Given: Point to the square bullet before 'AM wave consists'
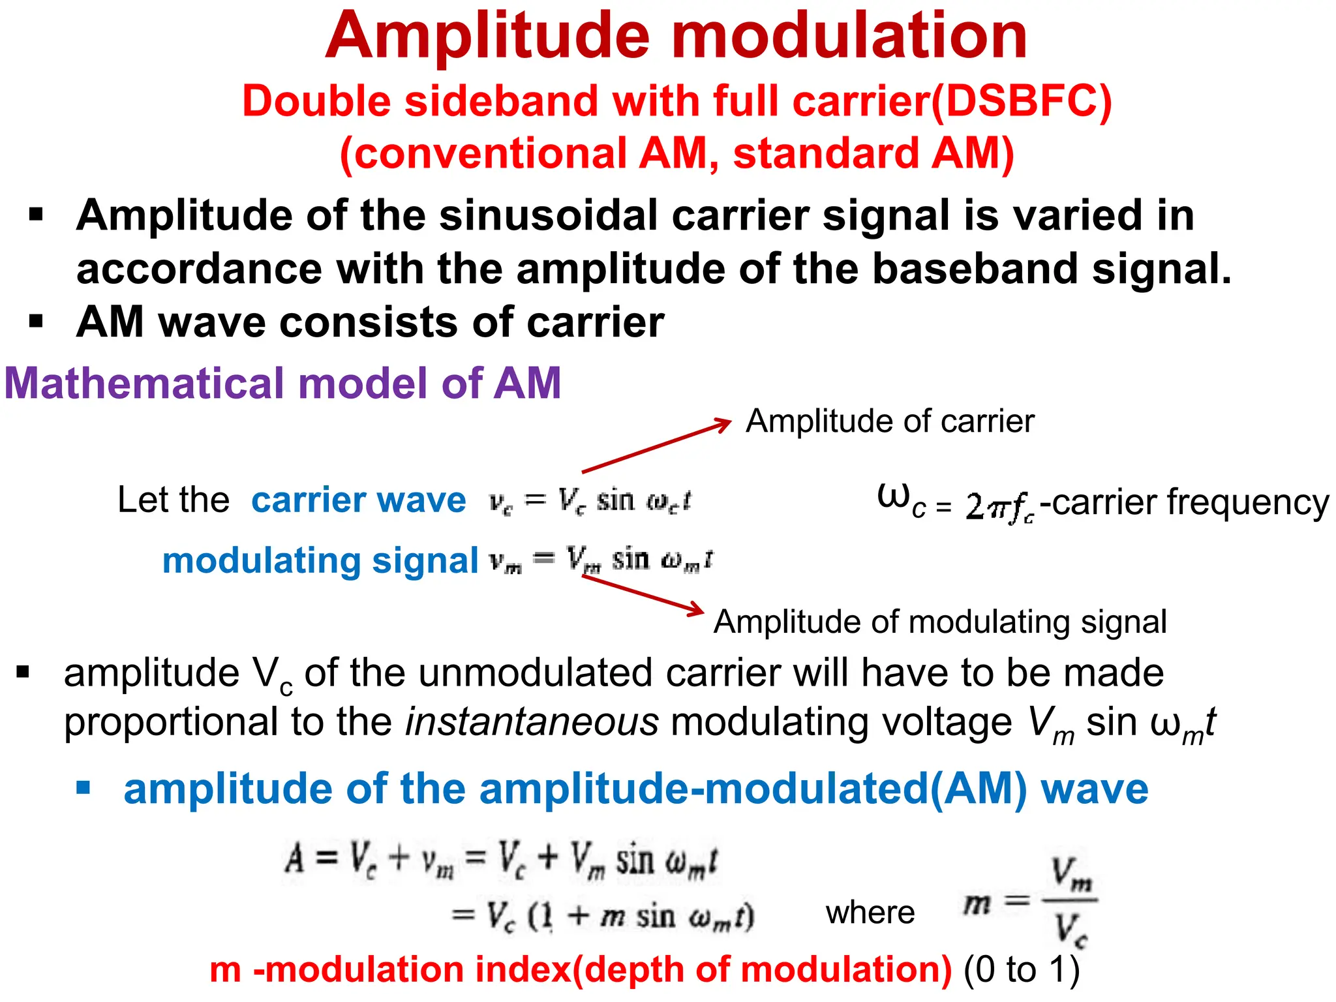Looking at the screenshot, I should [x=36, y=321].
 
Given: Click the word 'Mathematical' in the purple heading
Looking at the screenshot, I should [x=144, y=384].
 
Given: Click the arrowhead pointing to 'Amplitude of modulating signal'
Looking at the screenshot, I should [x=697, y=611].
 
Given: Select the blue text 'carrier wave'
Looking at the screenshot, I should [x=358, y=501].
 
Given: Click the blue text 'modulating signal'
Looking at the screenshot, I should [x=320, y=561].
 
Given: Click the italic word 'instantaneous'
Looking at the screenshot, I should [x=532, y=723].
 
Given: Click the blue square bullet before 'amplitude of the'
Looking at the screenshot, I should [x=83, y=787].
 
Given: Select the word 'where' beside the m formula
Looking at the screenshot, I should [x=870, y=913].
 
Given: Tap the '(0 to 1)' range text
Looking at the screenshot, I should [x=1022, y=970].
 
